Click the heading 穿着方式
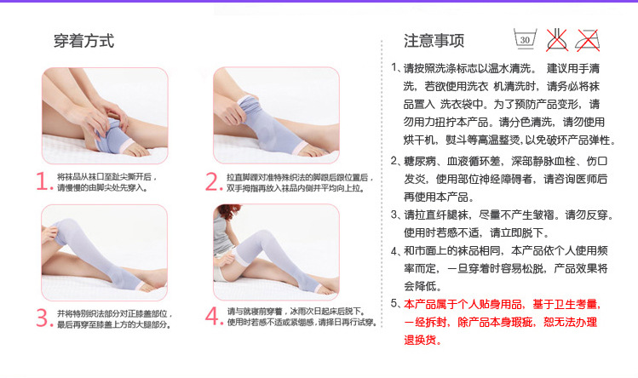pyautogui.click(x=83, y=40)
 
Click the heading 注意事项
pyautogui.click(x=434, y=40)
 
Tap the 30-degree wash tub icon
pyautogui.click(x=525, y=38)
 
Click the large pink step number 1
pyautogui.click(x=44, y=181)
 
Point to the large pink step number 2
pyautogui.click(x=213, y=181)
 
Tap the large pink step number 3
pyautogui.click(x=44, y=318)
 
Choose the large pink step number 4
pyautogui.click(x=213, y=318)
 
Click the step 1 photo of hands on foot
pyautogui.click(x=98, y=116)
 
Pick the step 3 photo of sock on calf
pyautogui.click(x=98, y=252)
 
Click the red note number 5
pyautogui.click(x=394, y=304)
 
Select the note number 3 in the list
pyautogui.click(x=394, y=215)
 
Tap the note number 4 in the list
pyautogui.click(x=394, y=251)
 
